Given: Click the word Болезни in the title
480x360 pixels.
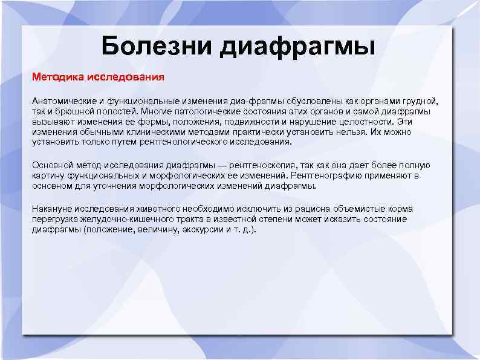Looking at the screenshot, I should [157, 45].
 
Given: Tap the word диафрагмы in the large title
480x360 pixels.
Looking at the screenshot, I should [298, 47].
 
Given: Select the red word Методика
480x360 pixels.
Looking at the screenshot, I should [58, 77].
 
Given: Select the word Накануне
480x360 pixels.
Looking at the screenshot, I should [53, 209].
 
